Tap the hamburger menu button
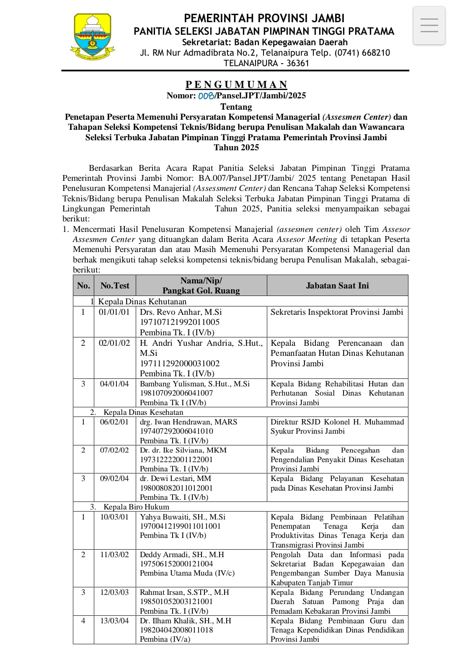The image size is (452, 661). point(429,26)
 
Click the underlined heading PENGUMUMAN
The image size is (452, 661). point(236,85)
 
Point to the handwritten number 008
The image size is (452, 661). point(206,95)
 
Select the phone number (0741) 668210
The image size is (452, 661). point(362,53)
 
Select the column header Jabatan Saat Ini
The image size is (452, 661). point(337,285)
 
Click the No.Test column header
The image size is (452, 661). point(115,285)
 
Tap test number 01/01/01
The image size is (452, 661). point(114,312)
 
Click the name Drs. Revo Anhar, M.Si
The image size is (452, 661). point(181,312)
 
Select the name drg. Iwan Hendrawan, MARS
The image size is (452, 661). point(189,422)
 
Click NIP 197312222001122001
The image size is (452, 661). point(176,459)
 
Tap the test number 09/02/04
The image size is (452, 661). point(114,478)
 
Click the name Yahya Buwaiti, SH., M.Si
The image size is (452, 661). point(183,517)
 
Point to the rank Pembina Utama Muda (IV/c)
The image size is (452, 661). point(187,573)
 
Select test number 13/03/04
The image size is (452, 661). point(114,621)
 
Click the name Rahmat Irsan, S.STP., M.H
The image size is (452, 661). point(185,592)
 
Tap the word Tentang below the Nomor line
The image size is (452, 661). point(236,106)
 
